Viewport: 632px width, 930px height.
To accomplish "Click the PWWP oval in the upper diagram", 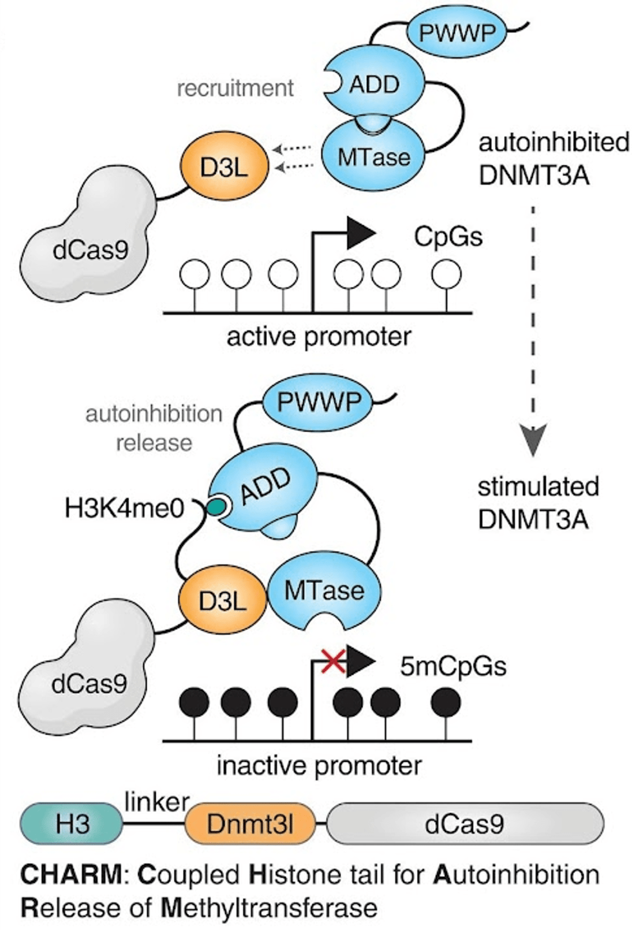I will (457, 32).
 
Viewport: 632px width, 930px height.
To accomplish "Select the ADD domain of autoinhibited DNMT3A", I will (374, 85).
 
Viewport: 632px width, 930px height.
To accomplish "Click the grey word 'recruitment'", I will (235, 88).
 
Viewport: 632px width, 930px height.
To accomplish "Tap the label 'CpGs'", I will (448, 237).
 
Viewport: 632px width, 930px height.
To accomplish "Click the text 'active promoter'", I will (319, 337).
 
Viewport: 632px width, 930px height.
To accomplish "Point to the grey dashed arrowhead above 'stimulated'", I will (533, 439).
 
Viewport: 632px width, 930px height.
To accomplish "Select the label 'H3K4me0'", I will (125, 509).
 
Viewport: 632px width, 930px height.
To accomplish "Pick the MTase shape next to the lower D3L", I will (324, 592).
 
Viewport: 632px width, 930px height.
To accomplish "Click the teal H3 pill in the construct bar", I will (72, 824).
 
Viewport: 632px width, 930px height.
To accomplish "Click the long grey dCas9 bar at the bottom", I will (465, 824).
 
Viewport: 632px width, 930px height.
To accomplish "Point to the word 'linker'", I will (156, 802).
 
